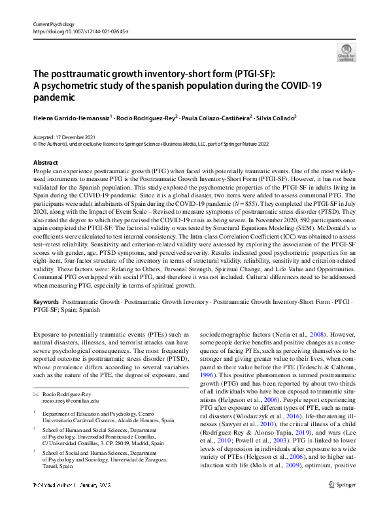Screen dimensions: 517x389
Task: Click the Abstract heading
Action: pyautogui.click(x=45, y=162)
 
